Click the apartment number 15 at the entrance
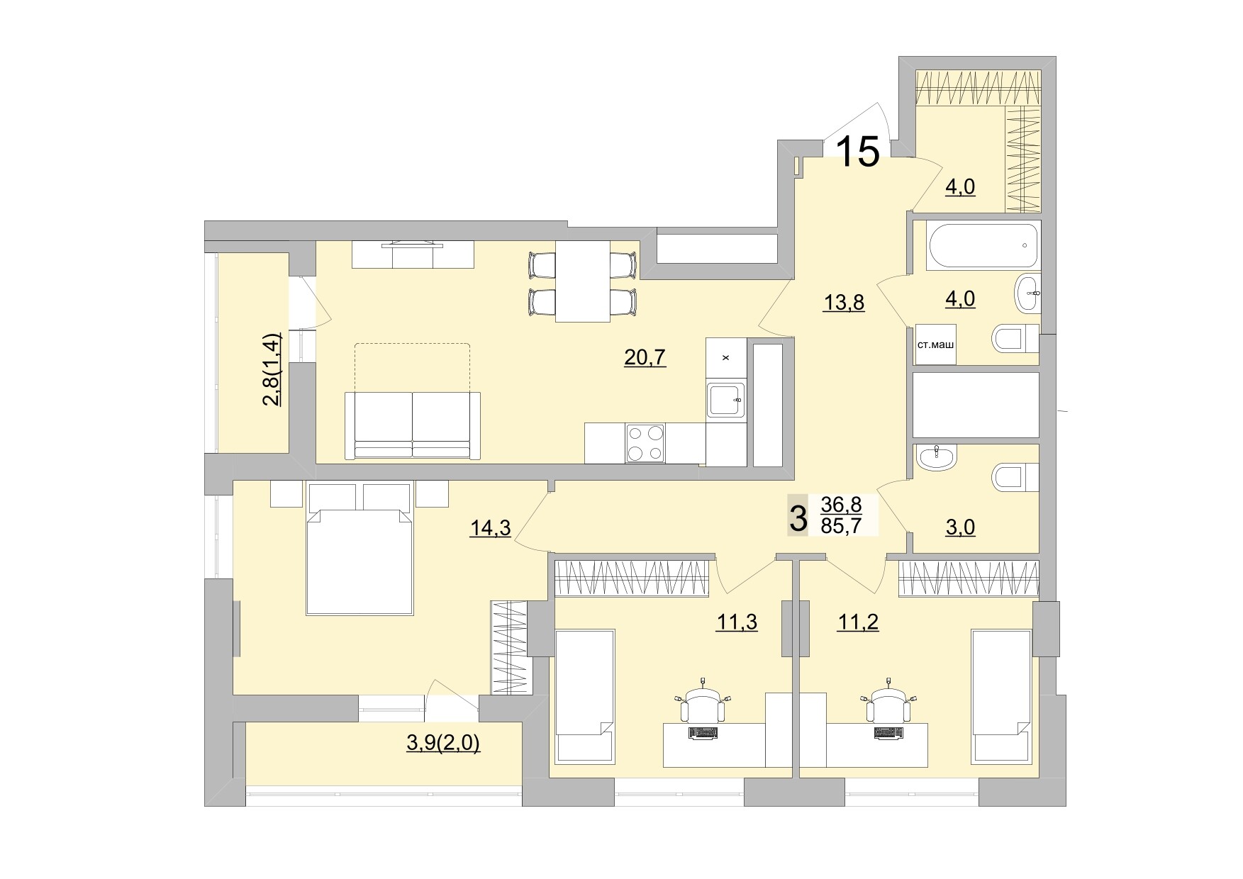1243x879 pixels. pyautogui.click(x=859, y=152)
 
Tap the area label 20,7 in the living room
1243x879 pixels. pyautogui.click(x=645, y=358)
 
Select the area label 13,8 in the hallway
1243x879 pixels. pyautogui.click(x=843, y=303)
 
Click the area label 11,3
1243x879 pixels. pyautogui.click(x=737, y=622)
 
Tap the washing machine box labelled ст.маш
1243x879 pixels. pyautogui.click(x=935, y=345)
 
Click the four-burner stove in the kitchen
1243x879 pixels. pyautogui.click(x=645, y=442)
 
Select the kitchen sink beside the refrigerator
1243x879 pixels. pyautogui.click(x=725, y=401)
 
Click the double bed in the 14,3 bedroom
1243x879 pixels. pyautogui.click(x=359, y=560)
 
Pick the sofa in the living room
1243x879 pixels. pyautogui.click(x=412, y=425)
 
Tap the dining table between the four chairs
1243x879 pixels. pyautogui.click(x=582, y=281)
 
